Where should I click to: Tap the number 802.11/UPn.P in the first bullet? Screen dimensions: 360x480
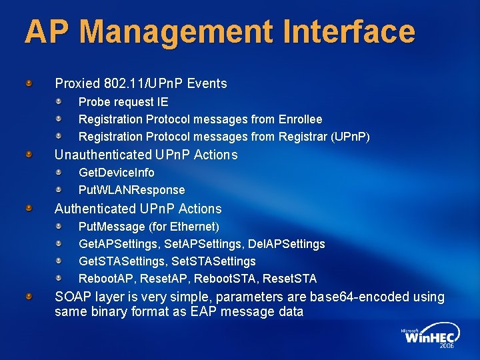[144, 84]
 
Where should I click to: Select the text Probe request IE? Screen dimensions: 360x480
[123, 102]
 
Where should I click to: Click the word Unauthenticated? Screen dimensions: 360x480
[103, 155]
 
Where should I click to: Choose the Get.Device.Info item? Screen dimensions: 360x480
[117, 172]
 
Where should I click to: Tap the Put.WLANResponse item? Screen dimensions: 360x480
[132, 189]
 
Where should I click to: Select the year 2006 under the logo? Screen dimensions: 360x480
[447, 347]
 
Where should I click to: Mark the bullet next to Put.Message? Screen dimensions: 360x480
[59, 227]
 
